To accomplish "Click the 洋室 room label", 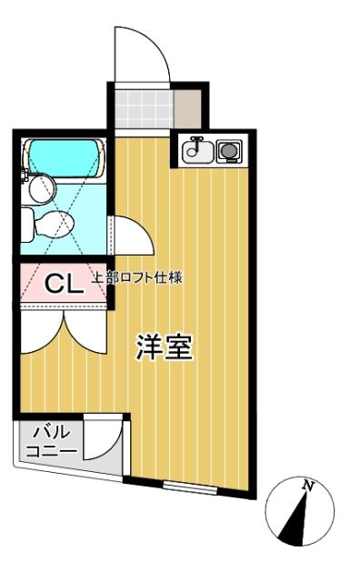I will [x=165, y=348].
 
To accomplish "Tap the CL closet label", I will [x=65, y=284].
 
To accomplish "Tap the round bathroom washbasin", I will [x=40, y=189].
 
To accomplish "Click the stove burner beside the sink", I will [x=227, y=150].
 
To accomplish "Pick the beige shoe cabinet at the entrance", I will [x=189, y=109].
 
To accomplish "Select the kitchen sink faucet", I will [x=193, y=145].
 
